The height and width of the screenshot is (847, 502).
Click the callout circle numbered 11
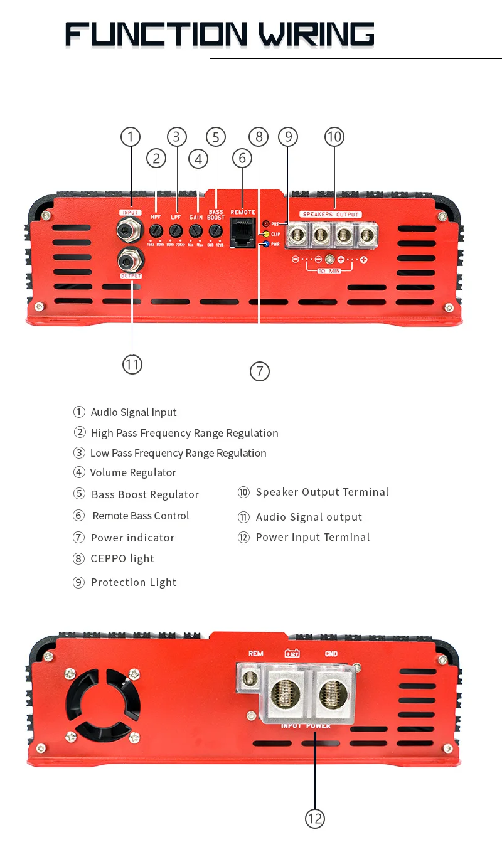[132, 365]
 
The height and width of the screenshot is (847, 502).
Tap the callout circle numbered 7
[259, 371]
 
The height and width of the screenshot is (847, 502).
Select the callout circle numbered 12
[314, 818]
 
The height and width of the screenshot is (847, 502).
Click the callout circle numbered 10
[334, 137]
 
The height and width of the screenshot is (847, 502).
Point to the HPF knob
[156, 230]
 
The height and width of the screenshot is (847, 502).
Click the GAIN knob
[196, 230]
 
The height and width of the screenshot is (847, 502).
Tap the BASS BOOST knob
[216, 230]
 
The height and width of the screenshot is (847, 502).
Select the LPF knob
[176, 230]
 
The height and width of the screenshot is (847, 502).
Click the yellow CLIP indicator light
[266, 234]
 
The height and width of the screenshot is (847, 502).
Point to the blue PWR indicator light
[266, 244]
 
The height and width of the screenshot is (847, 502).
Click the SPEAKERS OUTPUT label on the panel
[330, 215]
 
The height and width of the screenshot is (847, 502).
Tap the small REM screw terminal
[250, 678]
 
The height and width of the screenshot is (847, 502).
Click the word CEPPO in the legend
[109, 558]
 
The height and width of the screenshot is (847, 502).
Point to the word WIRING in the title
[316, 34]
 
